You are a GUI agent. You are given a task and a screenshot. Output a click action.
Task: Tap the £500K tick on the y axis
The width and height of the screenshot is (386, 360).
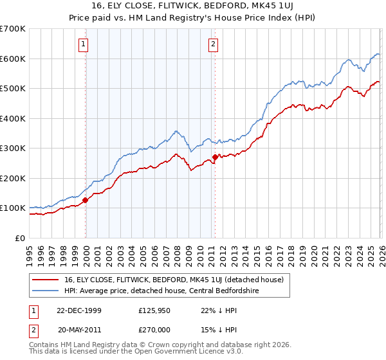coord(12,88)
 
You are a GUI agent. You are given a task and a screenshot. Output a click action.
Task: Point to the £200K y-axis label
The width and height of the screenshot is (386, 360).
coord(12,178)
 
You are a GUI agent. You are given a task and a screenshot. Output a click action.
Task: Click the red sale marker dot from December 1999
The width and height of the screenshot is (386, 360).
coord(86,200)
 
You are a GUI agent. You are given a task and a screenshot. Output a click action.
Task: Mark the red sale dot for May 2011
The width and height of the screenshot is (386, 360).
coord(214,157)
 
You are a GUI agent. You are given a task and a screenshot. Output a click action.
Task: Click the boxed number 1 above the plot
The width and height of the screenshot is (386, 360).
coord(84,44)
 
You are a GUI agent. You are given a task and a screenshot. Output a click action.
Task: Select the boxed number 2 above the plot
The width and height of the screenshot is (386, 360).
coord(213,44)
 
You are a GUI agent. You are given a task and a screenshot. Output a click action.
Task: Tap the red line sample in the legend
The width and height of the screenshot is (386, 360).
coord(47,279)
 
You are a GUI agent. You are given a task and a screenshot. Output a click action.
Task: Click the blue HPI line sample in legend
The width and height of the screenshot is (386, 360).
coord(47,290)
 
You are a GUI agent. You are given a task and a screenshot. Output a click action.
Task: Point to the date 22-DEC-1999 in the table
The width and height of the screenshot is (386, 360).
coord(79,310)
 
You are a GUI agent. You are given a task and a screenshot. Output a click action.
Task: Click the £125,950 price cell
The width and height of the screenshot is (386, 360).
coord(153,310)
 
